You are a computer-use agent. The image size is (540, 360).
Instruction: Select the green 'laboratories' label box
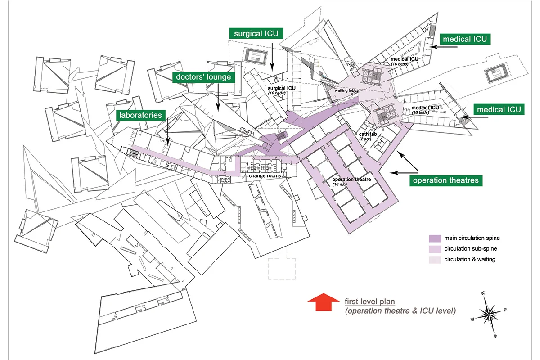coord(140,115)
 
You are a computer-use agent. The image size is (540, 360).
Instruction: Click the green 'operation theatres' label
coord(445,181)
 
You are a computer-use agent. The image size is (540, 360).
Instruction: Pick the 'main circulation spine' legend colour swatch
coord(434,238)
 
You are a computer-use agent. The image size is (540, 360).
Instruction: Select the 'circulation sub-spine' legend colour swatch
coord(434,248)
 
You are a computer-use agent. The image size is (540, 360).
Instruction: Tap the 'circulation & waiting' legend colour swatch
coord(434,259)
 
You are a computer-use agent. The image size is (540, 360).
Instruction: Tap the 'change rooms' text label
coord(265,176)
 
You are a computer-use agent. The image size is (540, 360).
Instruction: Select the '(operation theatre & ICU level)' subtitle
coord(400,310)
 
